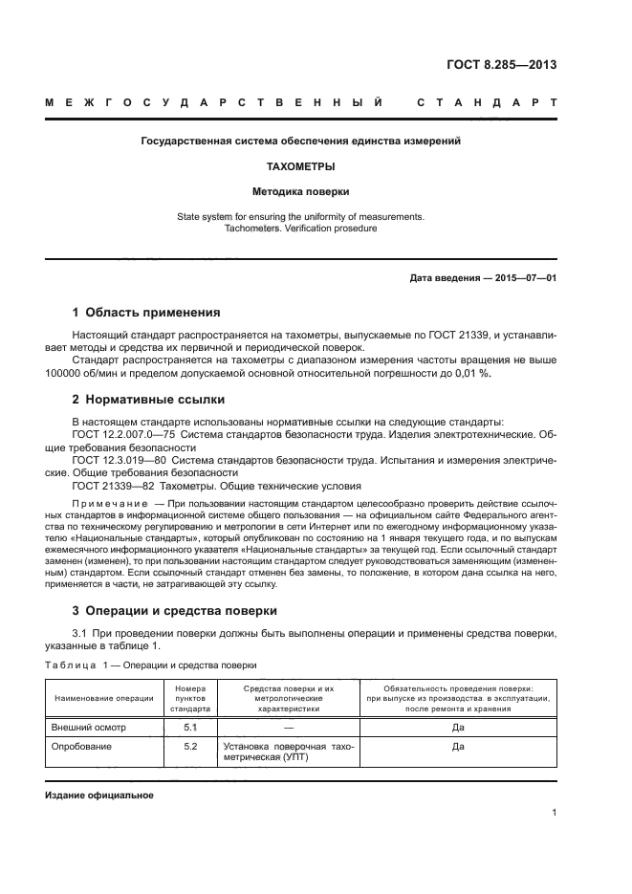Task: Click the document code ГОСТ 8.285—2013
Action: point(501,65)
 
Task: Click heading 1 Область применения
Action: point(146,313)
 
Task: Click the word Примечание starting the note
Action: point(110,503)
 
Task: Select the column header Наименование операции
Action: point(104,698)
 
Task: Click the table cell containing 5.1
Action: point(189,728)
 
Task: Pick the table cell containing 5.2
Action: point(189,746)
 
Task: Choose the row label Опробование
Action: point(82,746)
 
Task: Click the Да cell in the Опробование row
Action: point(457,746)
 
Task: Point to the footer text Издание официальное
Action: point(99,795)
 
